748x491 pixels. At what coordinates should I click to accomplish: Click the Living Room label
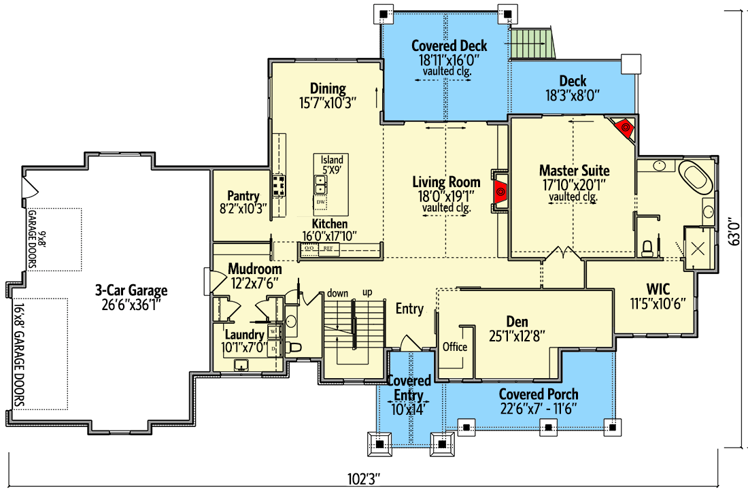coord(446,182)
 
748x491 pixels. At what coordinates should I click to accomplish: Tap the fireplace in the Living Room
coord(500,191)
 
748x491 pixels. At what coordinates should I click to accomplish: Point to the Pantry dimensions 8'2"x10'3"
coord(243,208)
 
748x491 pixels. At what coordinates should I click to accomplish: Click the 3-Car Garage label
coord(131,291)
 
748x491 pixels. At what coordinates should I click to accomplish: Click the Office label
coord(455,347)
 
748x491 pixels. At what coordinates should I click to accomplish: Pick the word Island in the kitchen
coord(332,160)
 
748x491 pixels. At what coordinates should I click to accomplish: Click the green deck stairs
coord(533,44)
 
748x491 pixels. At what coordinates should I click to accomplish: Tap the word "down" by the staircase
coord(337,292)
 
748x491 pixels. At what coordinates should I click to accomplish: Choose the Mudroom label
coord(254,269)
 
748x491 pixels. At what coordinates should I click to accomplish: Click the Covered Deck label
coord(449,46)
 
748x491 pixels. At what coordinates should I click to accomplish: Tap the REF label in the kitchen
coord(328,249)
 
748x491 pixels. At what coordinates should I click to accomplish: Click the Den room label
coord(517,322)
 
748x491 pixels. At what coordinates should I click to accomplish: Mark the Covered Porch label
coord(539,394)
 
